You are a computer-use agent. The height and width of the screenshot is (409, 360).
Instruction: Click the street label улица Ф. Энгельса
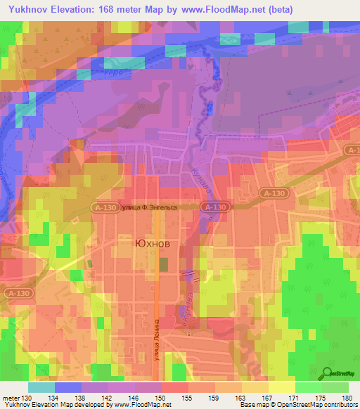[148, 207]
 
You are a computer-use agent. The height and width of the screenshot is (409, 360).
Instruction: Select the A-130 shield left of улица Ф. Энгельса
[103, 207]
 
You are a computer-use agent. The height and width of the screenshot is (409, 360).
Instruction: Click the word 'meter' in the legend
[10, 398]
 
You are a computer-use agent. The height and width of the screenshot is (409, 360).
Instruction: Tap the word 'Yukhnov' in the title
[28, 9]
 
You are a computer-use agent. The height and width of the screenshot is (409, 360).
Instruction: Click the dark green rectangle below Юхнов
[164, 265]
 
